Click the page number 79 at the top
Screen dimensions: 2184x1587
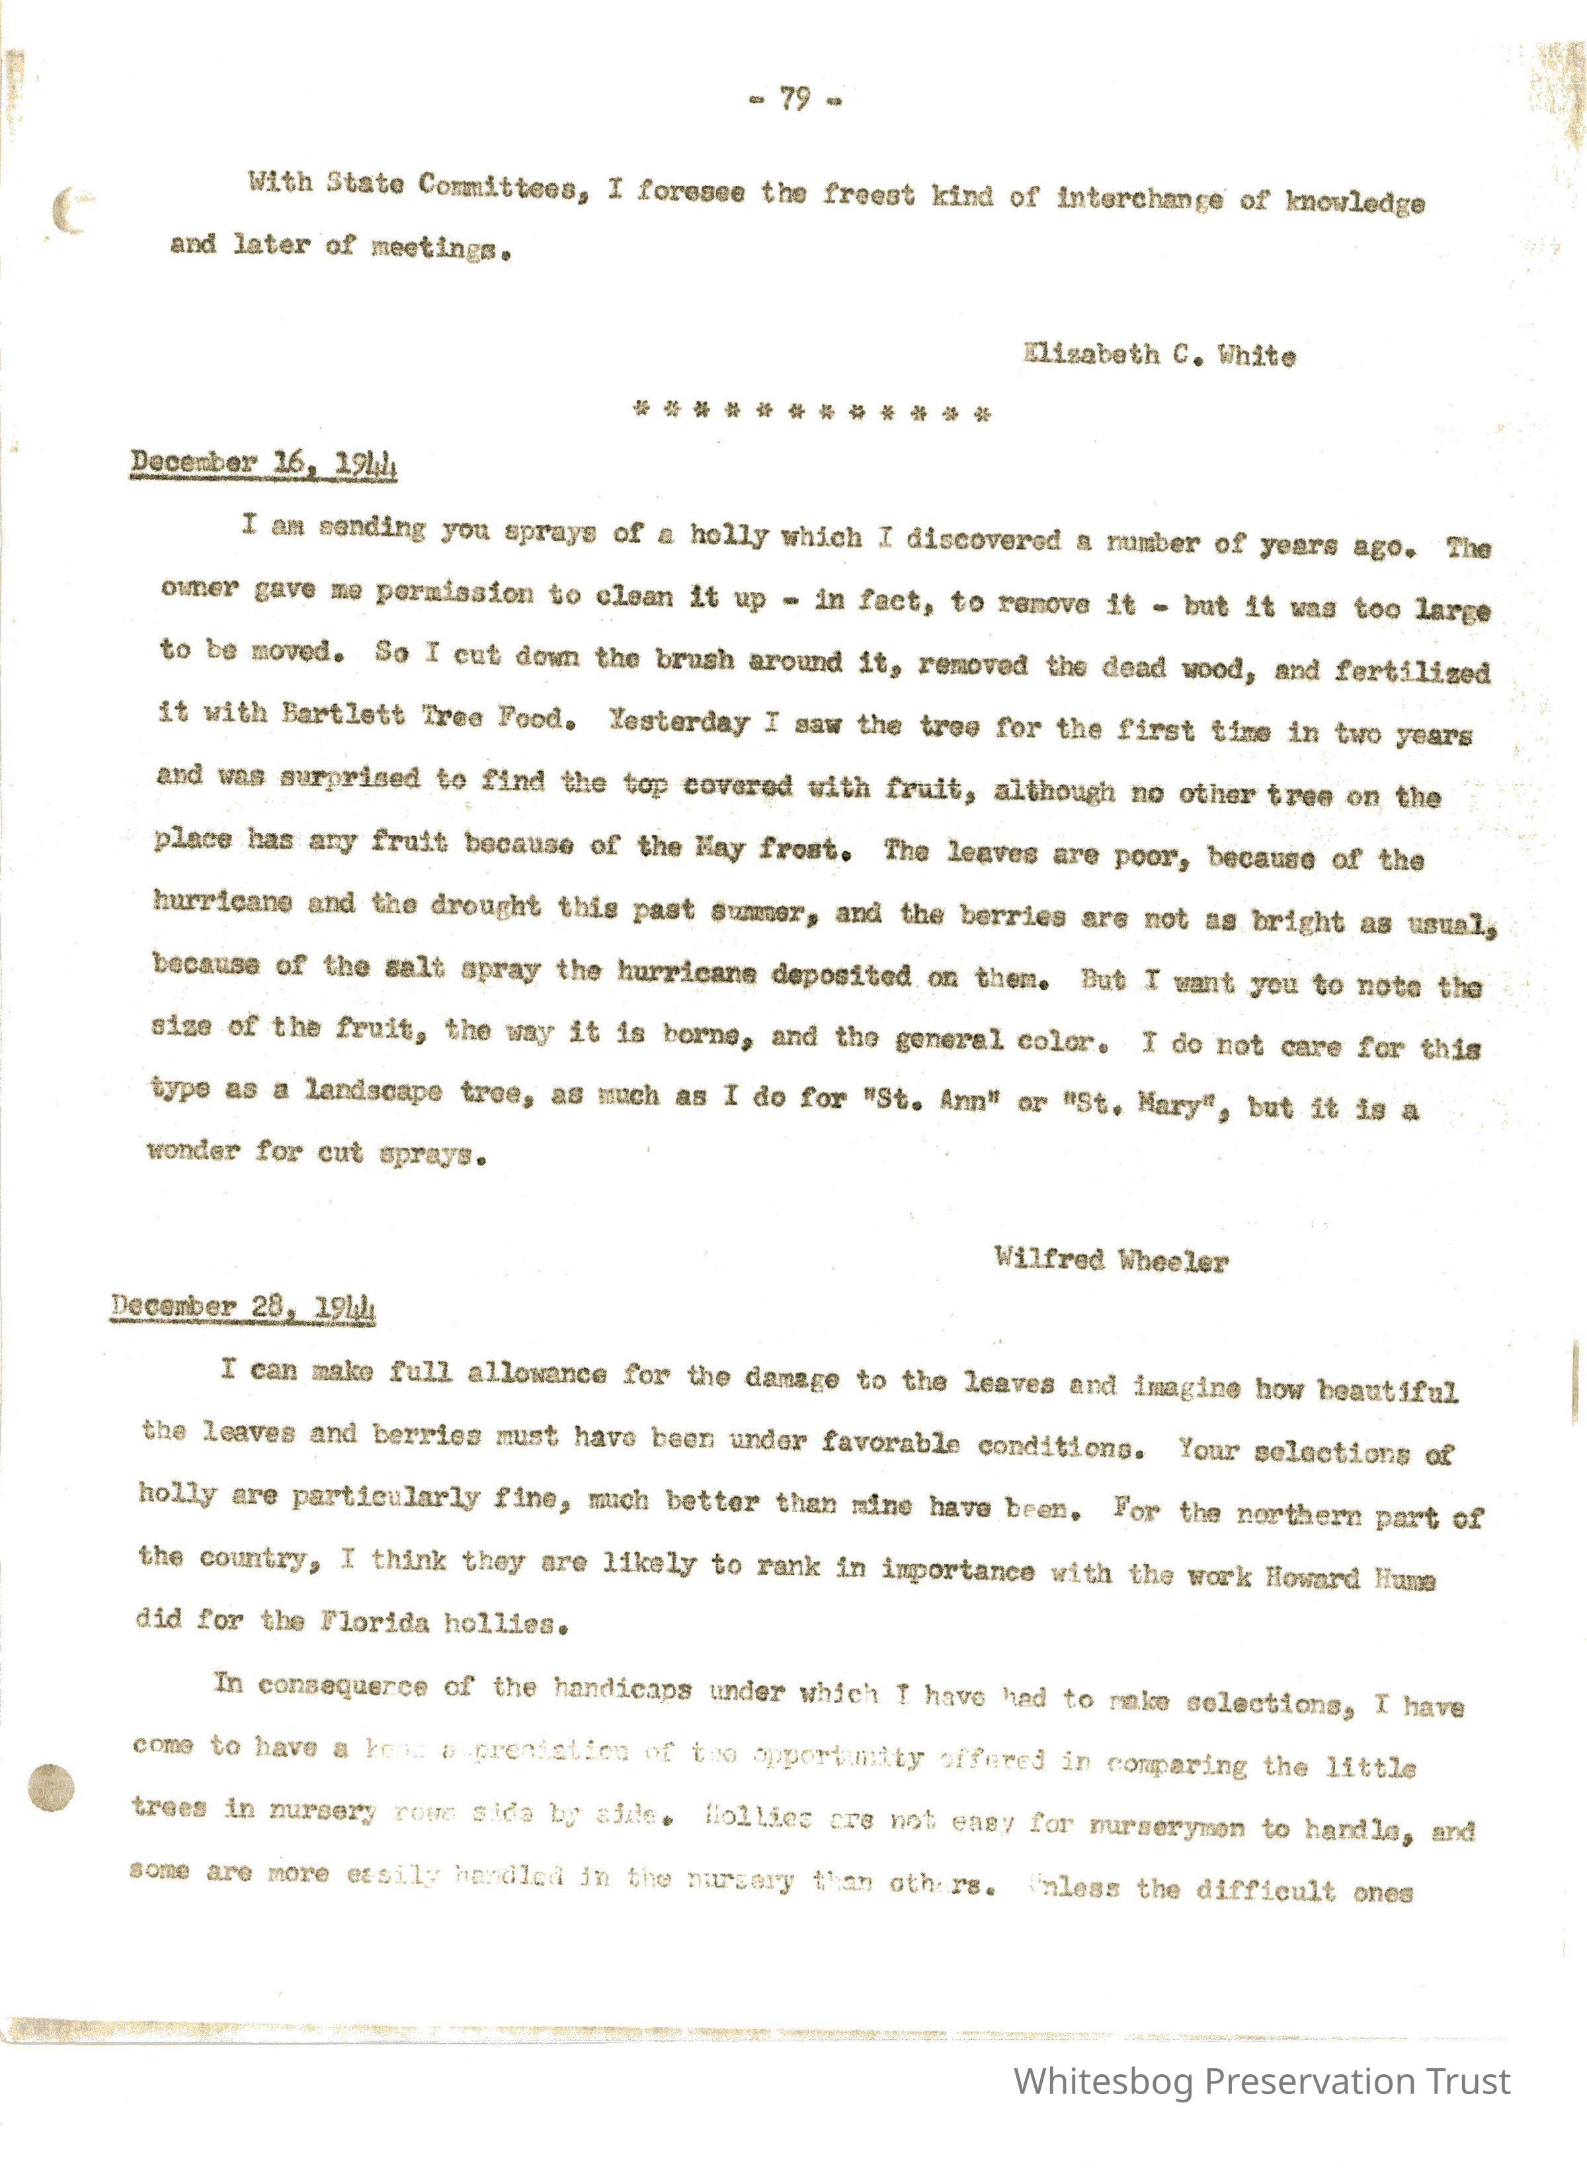click(794, 99)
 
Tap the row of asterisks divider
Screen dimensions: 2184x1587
click(812, 414)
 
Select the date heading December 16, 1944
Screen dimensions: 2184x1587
click(264, 464)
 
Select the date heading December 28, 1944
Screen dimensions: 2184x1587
click(243, 1307)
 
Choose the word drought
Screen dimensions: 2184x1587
click(485, 906)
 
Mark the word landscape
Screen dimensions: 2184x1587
click(374, 1092)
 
